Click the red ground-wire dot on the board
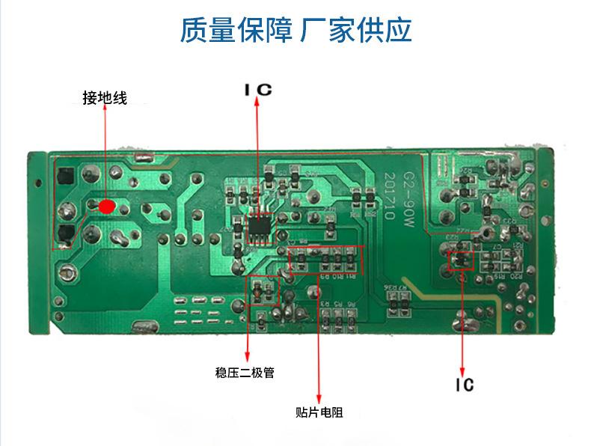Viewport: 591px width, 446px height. click(x=107, y=206)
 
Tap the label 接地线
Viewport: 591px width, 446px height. click(x=105, y=98)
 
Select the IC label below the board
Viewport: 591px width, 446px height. click(x=464, y=385)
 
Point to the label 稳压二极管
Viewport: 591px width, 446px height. click(x=244, y=372)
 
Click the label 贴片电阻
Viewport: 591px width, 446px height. click(x=319, y=412)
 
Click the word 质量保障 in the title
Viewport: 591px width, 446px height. click(x=236, y=30)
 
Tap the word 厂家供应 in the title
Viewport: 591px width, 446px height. click(x=355, y=30)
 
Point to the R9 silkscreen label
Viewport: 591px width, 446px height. click(x=325, y=276)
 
